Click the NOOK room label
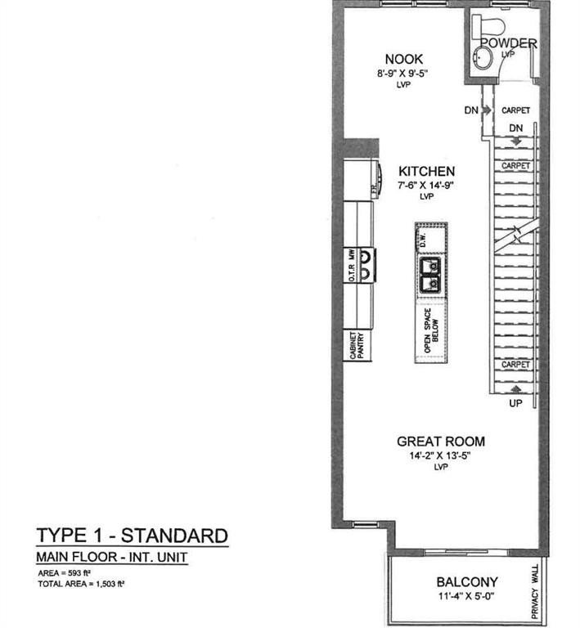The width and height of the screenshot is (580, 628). point(404,59)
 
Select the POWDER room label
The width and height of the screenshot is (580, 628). point(507,43)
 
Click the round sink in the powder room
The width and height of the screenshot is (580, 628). point(483,56)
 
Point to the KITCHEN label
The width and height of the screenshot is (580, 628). point(426,171)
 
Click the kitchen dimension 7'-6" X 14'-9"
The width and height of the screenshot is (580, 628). point(426,186)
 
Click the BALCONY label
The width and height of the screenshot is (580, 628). point(467,582)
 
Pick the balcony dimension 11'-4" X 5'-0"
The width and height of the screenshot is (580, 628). point(467,597)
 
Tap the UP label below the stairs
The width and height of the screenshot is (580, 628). point(515,403)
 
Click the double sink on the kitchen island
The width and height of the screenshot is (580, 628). point(429,275)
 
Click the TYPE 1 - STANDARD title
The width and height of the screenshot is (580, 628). point(132,536)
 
